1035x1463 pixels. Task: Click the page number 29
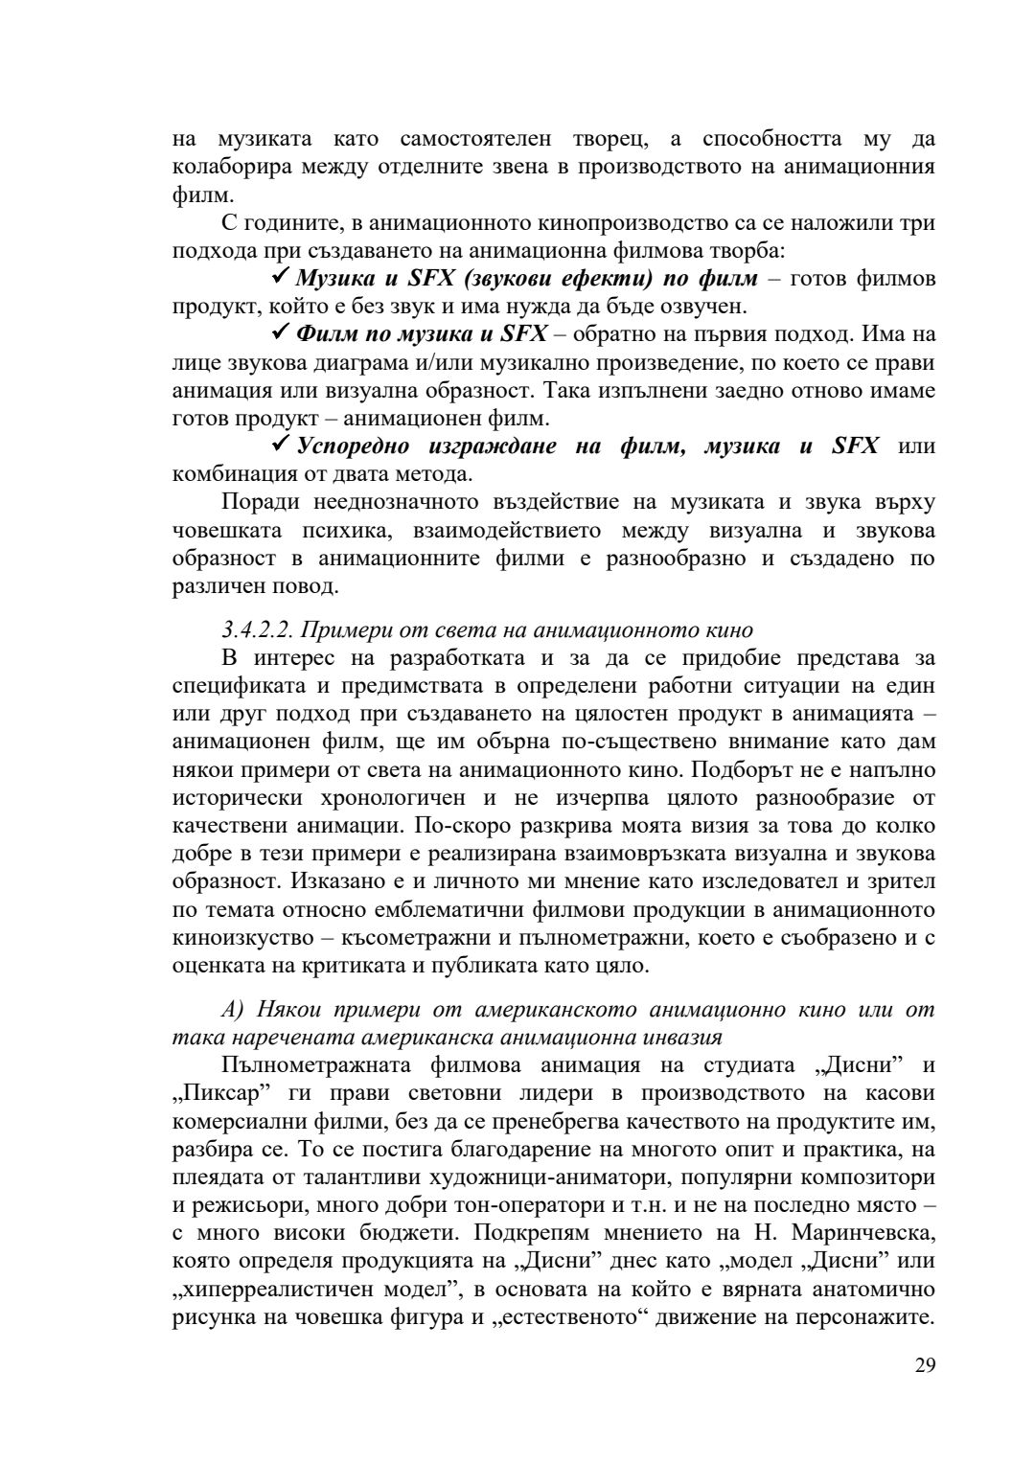point(924,1365)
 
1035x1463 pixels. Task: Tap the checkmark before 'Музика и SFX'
point(281,277)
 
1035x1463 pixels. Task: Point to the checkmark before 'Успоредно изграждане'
point(281,445)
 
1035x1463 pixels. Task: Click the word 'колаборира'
point(226,168)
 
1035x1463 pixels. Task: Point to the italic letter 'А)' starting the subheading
point(233,1010)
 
